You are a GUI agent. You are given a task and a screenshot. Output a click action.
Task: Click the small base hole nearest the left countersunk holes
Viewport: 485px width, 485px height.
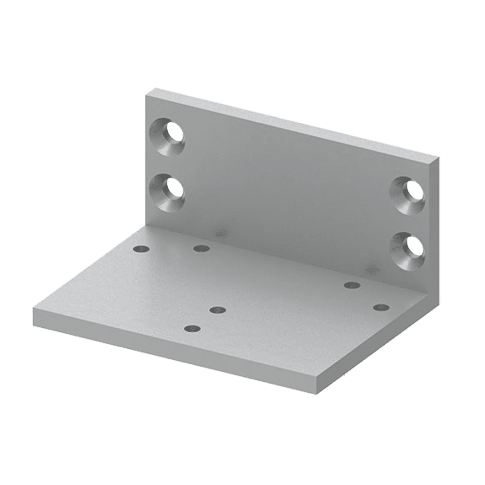coord(141,249)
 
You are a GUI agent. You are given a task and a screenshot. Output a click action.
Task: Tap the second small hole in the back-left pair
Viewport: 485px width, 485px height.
coord(201,249)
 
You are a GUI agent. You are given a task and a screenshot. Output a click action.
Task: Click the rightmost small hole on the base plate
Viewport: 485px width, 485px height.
coord(381,307)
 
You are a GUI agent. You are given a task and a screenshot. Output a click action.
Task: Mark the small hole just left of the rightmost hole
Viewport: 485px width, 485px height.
coord(352,285)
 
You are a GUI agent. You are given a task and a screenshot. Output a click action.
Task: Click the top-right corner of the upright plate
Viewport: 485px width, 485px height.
coord(440,158)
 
